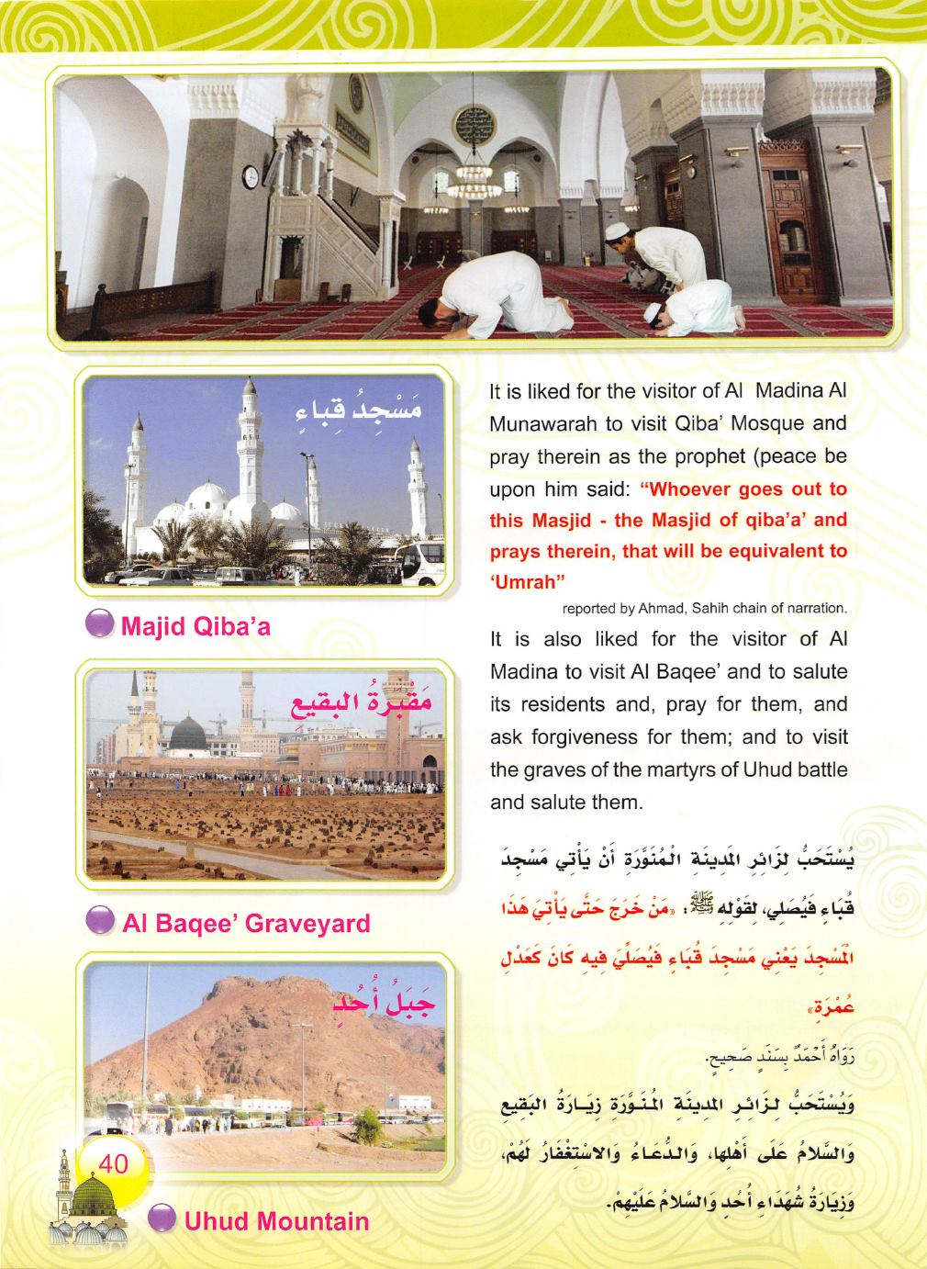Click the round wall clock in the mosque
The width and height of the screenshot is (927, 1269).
point(251,176)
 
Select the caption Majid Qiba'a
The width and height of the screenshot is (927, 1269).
point(198,627)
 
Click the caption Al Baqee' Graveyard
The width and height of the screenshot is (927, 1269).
point(246,923)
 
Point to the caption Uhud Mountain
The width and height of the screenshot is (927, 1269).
point(274,1221)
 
